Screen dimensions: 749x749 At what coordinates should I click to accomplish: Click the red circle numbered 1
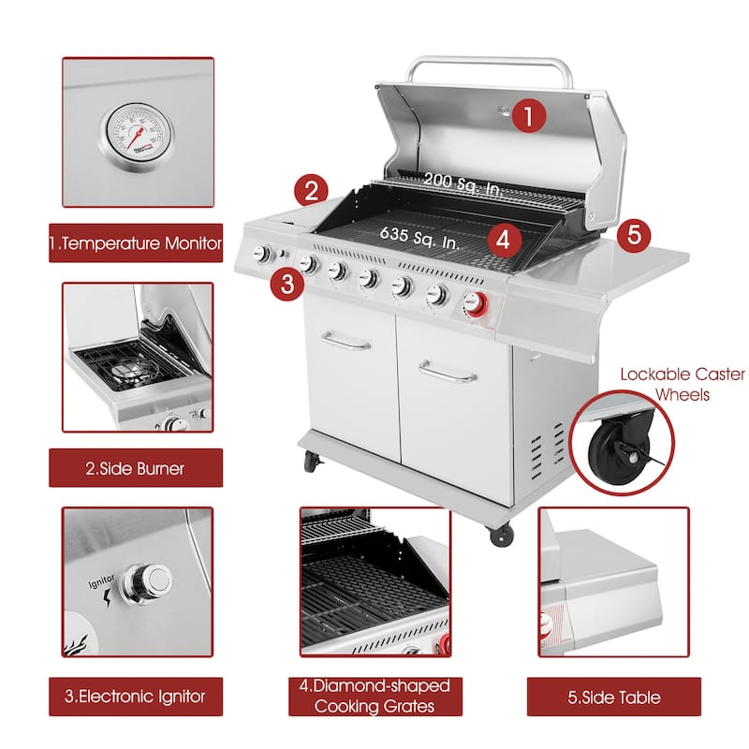click(x=529, y=117)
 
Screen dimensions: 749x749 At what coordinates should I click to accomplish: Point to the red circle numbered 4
click(x=505, y=239)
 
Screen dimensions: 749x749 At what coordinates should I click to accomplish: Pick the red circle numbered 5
click(x=634, y=234)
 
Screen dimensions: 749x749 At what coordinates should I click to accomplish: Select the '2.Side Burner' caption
click(x=136, y=468)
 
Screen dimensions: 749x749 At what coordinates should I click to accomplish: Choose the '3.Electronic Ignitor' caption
click(x=137, y=696)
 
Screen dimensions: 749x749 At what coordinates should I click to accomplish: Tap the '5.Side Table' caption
click(x=613, y=697)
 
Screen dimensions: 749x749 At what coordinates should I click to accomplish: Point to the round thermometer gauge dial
click(x=137, y=133)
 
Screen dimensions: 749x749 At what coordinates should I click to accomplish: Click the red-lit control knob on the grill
click(x=477, y=304)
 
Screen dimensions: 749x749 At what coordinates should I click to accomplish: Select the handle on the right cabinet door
click(x=448, y=375)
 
